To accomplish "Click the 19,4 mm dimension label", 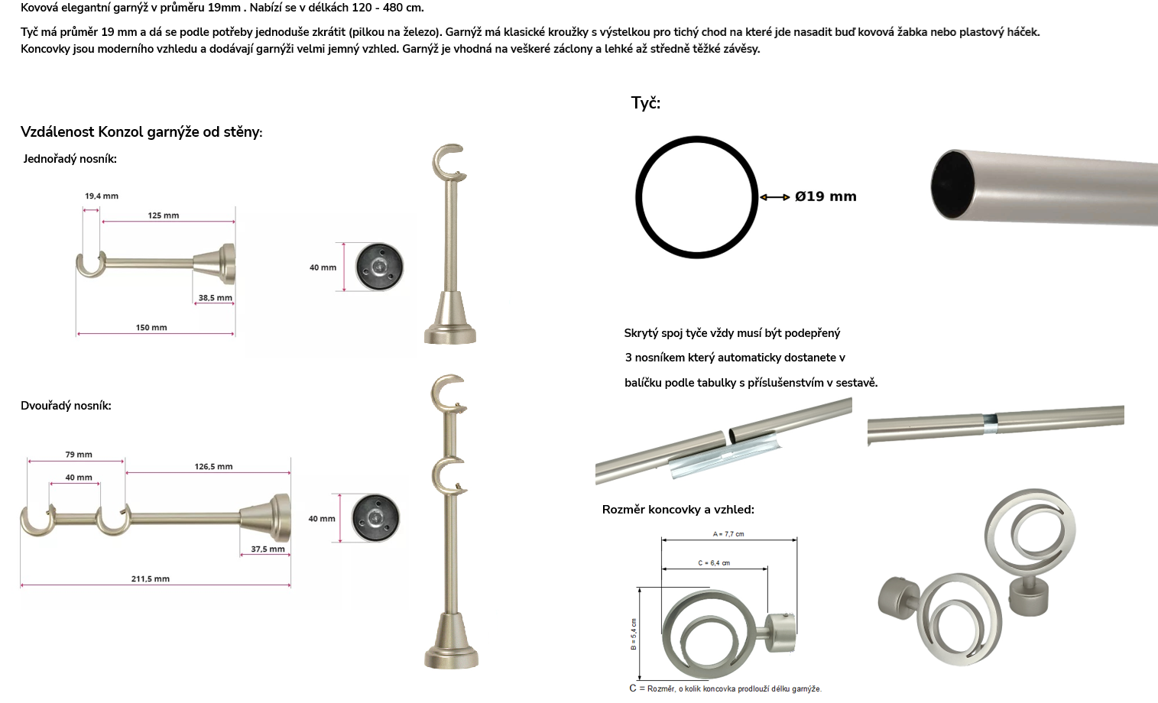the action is pos(102,196).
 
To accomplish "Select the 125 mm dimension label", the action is pos(164,215).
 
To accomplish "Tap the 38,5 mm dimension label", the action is pos(215,298).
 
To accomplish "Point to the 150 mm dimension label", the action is pos(151,327).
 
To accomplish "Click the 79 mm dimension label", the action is pos(79,455).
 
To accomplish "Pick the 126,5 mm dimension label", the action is pos(213,466).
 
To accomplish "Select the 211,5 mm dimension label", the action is pos(150,579).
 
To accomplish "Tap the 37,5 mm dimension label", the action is pos(268,549).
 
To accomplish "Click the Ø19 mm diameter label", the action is pos(826,196).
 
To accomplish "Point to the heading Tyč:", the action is pos(646,103).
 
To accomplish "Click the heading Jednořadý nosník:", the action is pos(70,159).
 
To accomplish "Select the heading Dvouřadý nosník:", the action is pos(66,406).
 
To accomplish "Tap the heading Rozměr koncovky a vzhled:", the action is pos(678,510).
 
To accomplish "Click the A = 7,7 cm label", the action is pos(728,534).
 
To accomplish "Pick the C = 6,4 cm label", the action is pos(714,563).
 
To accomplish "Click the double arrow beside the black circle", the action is pos(774,197).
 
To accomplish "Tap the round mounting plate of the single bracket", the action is pos(379,267).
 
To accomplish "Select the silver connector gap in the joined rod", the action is pos(990,419).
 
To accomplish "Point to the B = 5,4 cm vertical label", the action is pos(634,634).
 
